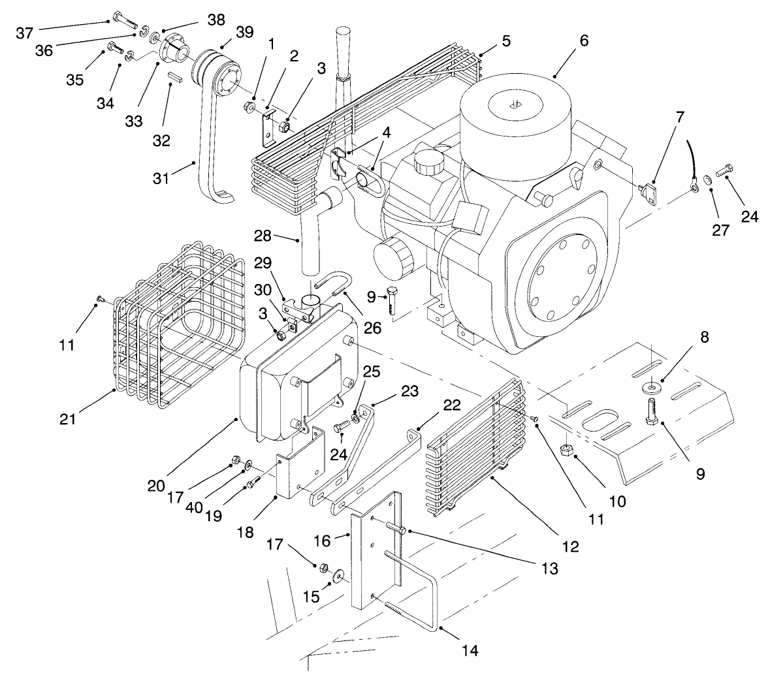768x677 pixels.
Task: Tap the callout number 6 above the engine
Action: coord(583,40)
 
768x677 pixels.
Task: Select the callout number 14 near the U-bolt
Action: coord(469,650)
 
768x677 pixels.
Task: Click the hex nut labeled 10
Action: coord(568,450)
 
